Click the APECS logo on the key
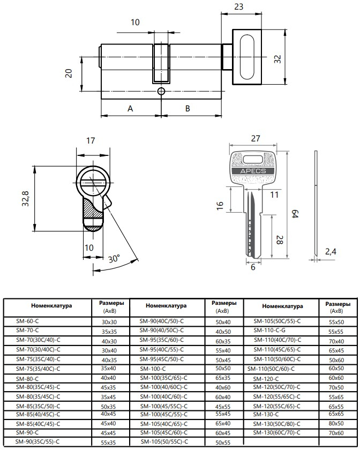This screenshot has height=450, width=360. click(x=253, y=171)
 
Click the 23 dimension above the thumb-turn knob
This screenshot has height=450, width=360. click(x=238, y=6)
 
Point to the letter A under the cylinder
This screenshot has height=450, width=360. click(x=130, y=108)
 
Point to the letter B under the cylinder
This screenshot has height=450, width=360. click(x=187, y=108)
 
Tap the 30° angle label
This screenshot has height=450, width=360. click(x=114, y=259)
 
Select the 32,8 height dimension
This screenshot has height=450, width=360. click(x=26, y=198)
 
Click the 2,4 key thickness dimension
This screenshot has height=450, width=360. click(x=331, y=252)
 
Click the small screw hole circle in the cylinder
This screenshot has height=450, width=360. click(x=161, y=91)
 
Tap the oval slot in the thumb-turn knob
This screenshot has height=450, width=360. click(x=247, y=57)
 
